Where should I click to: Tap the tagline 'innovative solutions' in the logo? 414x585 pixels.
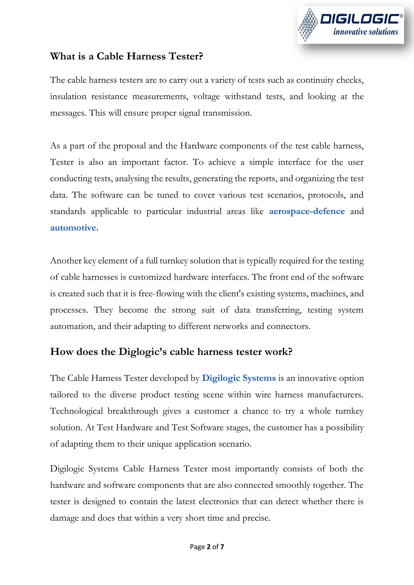click(365, 32)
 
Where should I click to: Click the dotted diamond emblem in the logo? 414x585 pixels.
click(308, 25)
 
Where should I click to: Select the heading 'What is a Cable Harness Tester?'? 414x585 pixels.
click(127, 56)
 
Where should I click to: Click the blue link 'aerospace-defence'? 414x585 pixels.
click(307, 211)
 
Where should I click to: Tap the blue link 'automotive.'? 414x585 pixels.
click(74, 228)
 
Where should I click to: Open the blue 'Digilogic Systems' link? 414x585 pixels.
click(239, 378)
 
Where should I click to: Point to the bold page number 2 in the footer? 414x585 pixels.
click(209, 547)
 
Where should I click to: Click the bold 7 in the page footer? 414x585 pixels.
click(222, 547)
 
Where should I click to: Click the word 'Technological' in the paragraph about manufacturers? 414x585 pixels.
click(77, 411)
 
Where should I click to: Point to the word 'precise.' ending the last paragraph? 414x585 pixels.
click(256, 518)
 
